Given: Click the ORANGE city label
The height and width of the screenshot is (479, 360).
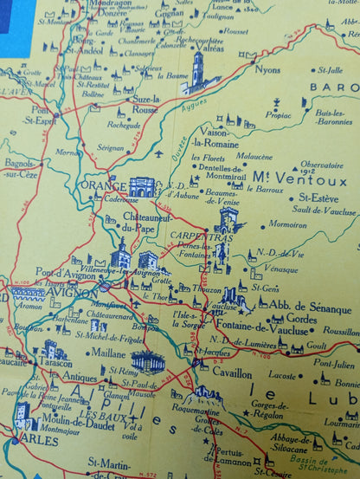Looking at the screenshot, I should [x=102, y=185].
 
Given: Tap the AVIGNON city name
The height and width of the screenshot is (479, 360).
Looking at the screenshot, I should [x=74, y=293].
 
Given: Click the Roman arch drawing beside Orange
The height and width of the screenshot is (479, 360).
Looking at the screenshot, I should [x=142, y=186].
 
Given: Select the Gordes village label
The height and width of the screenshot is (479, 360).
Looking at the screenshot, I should [x=302, y=318].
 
